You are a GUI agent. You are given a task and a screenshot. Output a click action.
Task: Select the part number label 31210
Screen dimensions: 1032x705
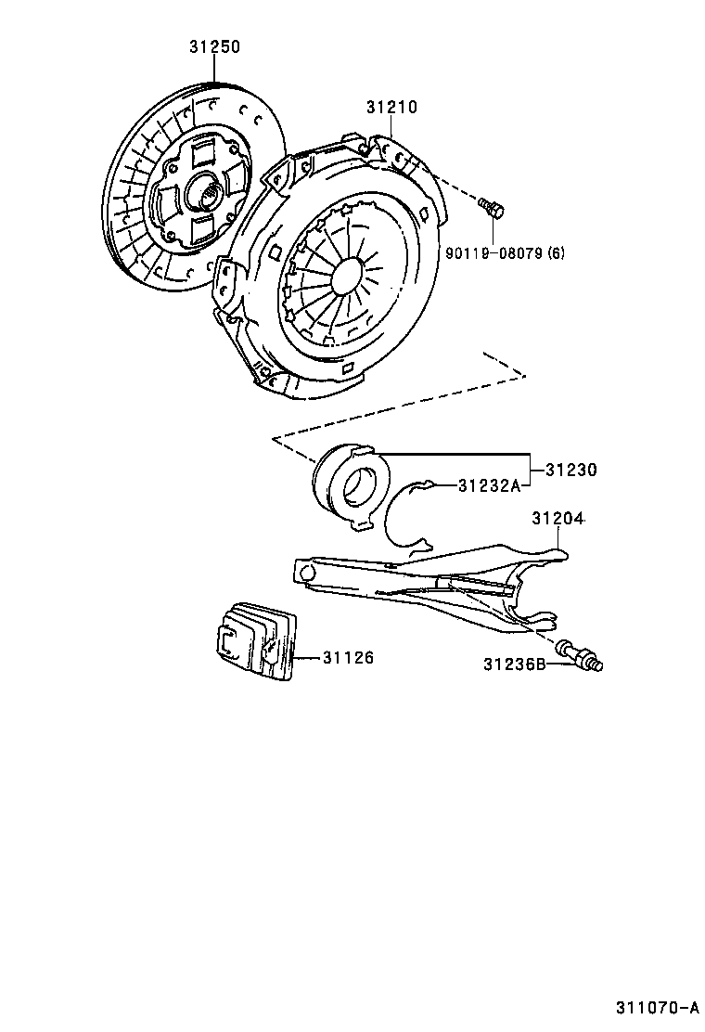(x=391, y=107)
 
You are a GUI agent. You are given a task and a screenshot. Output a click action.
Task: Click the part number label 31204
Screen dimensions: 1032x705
(x=558, y=518)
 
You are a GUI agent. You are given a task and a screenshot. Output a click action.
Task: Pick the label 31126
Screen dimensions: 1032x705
(x=348, y=658)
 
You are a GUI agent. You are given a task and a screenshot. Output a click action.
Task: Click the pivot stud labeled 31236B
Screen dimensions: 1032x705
(x=581, y=654)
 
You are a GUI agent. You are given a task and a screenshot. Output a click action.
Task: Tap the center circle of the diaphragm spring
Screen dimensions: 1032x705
(x=346, y=275)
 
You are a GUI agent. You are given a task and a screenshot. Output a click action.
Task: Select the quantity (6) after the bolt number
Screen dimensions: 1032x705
(x=555, y=252)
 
